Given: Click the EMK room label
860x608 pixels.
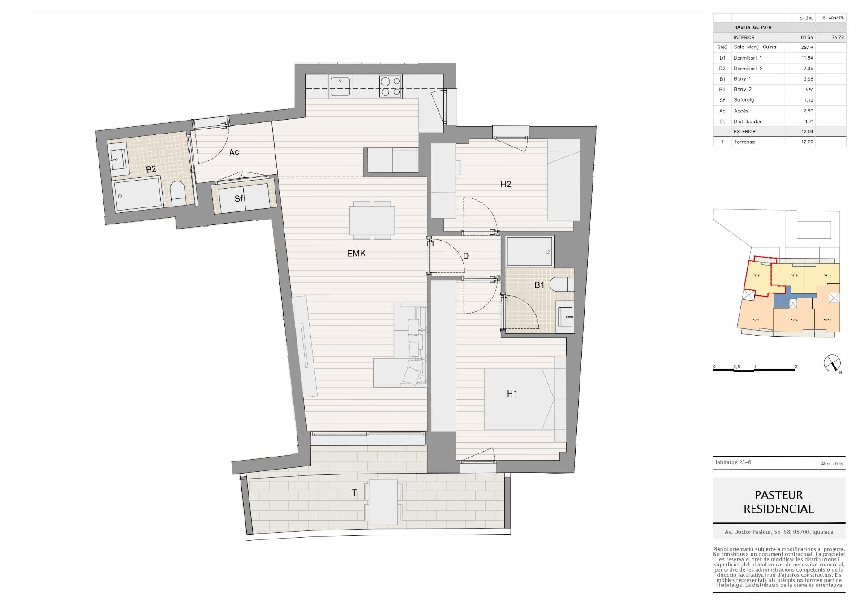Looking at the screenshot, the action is tap(357, 254).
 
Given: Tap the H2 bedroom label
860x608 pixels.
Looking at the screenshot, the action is tap(506, 184).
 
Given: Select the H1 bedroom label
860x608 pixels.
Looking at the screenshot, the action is tap(512, 394).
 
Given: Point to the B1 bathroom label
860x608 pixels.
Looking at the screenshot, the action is tap(539, 285).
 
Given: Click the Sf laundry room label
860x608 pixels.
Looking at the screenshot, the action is tap(239, 198).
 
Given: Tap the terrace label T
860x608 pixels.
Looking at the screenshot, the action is tap(354, 493).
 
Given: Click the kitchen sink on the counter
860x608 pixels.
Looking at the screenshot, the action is tap(341, 86).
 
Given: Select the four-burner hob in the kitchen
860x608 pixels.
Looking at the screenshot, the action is tap(390, 86).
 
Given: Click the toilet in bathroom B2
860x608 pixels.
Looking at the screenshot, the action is tap(178, 194).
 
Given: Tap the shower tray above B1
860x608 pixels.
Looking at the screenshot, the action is tap(530, 251).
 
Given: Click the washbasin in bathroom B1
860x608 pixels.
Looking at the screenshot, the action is tap(565, 317).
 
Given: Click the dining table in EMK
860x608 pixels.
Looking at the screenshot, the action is tap(372, 220).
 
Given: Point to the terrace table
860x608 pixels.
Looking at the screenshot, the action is tap(383, 502).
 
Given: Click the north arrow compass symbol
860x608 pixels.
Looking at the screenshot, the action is tap(832, 363).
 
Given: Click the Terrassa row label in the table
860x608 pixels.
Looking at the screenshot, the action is tap(744, 142).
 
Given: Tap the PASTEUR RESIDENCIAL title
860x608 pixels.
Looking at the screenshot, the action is tap(779, 502).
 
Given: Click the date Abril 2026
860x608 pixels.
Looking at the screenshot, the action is tap(832, 464).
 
